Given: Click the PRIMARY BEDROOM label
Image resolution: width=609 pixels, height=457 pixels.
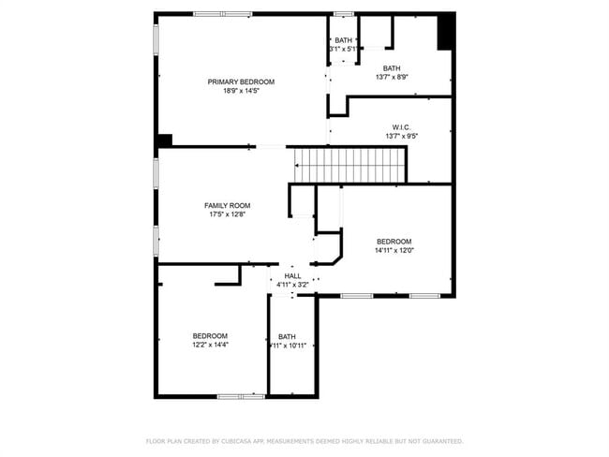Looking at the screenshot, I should tap(241, 81).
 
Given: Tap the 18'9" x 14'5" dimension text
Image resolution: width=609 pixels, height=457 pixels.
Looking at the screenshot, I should tap(241, 91).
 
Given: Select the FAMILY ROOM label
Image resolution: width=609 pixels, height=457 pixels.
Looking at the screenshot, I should tap(228, 205).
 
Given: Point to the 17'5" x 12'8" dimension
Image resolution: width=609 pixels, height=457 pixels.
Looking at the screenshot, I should tap(228, 214).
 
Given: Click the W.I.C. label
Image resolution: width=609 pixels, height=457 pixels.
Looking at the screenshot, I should tap(401, 127).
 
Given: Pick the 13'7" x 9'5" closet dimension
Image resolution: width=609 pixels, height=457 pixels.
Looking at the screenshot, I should tap(401, 136).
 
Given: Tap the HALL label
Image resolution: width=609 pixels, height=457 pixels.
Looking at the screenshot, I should tap(292, 275).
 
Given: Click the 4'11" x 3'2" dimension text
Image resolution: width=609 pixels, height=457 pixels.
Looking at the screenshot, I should tap(292, 284).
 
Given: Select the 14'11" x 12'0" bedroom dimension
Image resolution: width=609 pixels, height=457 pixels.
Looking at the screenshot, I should tap(394, 250).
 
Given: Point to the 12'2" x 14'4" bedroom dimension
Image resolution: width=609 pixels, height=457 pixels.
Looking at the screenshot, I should tap(210, 345).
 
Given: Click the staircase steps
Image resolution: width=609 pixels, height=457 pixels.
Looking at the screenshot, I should tap(349, 166).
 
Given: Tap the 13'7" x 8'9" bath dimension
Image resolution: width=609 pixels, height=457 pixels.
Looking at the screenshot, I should tap(391, 77).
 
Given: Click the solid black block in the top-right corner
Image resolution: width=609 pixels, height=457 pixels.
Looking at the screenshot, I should tap(446, 31).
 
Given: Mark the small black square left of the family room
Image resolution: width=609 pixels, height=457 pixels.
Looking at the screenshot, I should tap(165, 140).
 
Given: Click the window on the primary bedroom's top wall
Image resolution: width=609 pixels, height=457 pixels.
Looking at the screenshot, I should tap(222, 13).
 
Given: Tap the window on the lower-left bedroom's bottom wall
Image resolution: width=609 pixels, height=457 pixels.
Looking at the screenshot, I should tap(241, 396).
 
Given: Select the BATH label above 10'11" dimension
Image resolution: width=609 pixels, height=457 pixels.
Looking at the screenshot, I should tap(287, 336).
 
